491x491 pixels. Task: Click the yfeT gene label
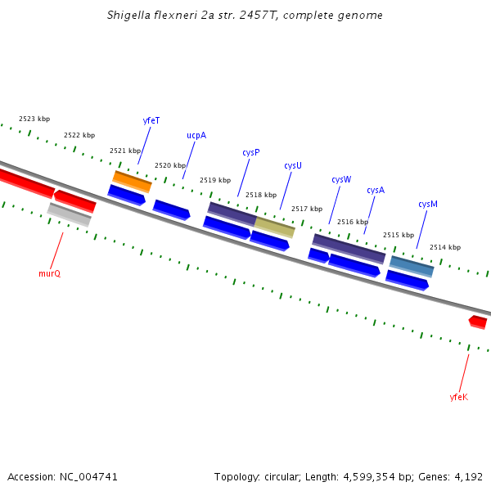click(x=151, y=120)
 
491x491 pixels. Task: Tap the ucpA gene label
click(x=196, y=136)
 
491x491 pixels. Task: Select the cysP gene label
click(x=251, y=152)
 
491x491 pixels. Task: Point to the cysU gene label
click(x=293, y=165)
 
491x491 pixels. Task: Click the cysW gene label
click(x=341, y=179)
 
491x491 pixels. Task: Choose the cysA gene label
click(x=376, y=190)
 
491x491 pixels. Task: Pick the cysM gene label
click(x=428, y=204)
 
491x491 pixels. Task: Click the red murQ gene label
click(x=49, y=273)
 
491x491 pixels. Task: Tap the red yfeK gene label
click(x=459, y=397)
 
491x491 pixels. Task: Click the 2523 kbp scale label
click(x=34, y=119)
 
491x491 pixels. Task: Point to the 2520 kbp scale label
click(x=170, y=165)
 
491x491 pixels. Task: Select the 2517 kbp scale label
click(x=307, y=209)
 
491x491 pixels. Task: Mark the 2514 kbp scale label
click(x=445, y=247)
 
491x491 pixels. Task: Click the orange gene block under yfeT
click(x=132, y=182)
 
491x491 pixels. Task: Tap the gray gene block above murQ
click(x=69, y=214)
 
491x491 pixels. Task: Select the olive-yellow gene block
click(x=274, y=227)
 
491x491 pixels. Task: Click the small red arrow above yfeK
click(x=478, y=322)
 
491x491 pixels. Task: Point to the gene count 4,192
click(x=467, y=476)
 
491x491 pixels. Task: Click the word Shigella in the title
click(x=129, y=16)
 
